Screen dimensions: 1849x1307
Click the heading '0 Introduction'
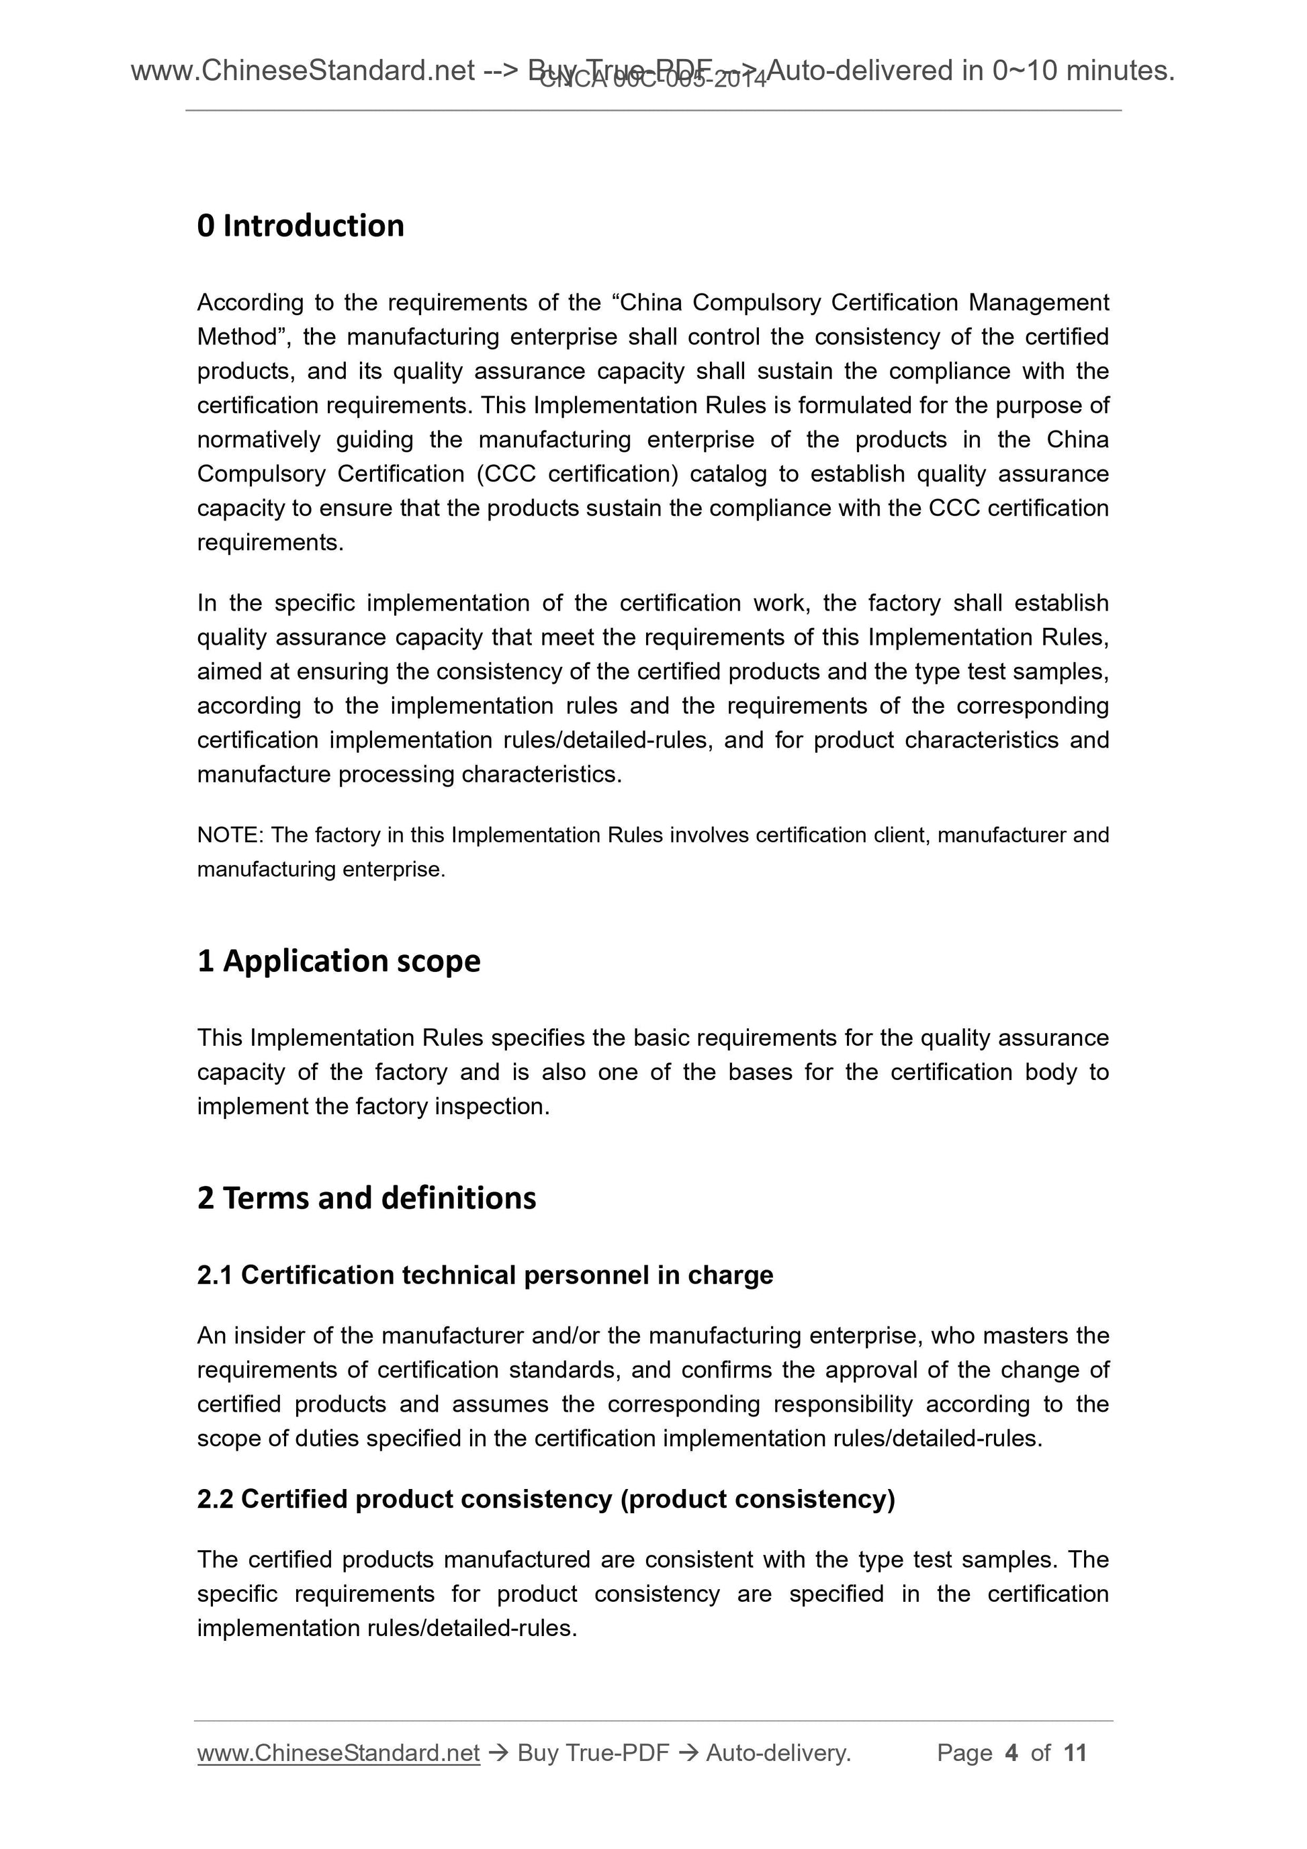coord(300,226)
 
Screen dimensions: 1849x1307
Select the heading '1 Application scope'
coord(339,960)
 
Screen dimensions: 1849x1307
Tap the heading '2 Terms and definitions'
coord(367,1198)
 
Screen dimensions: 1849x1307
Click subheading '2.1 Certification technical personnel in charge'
coord(485,1275)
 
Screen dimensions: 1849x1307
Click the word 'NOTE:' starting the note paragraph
coord(230,835)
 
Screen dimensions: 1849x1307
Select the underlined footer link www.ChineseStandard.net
coord(339,1753)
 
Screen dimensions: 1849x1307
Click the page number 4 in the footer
coord(1011,1753)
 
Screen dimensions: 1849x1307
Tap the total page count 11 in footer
coord(1075,1753)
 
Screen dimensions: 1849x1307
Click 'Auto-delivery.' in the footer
coord(778,1753)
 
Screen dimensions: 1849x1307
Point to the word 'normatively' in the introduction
coord(259,440)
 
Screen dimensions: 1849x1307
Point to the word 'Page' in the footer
coord(964,1753)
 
